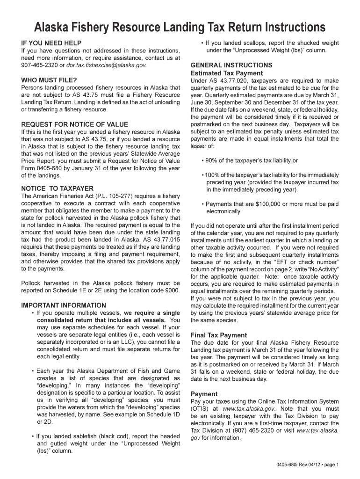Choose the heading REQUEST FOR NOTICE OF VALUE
point(75,124)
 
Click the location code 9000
point(169,290)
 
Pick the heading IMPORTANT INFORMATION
point(64,305)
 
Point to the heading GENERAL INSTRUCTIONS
point(231,65)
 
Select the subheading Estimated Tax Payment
point(227,73)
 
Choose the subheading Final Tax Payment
point(219,335)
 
